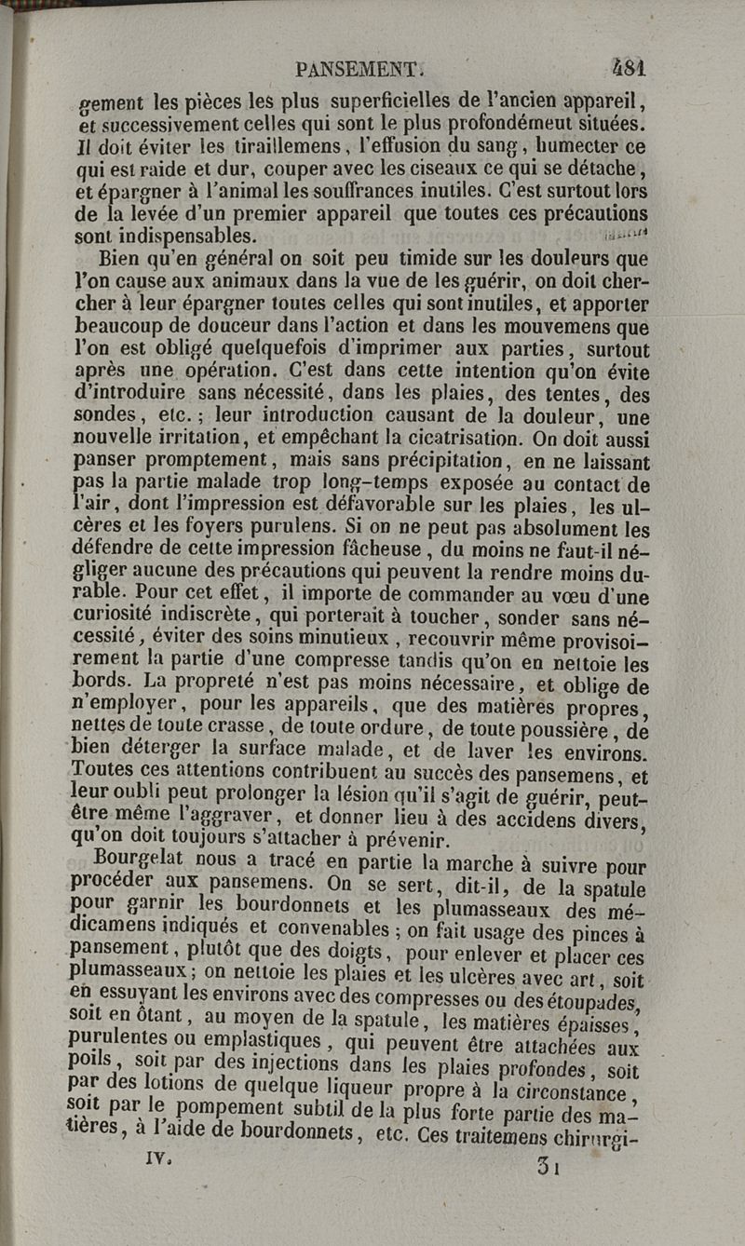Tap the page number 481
(x=630, y=68)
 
